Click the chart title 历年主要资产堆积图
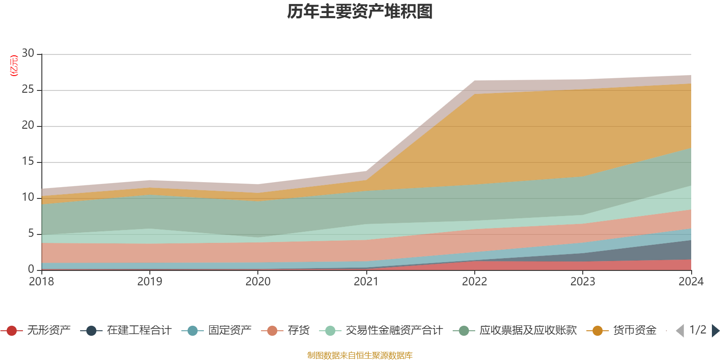coord(360,12)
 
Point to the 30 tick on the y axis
coord(28,54)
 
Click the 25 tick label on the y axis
coord(28,90)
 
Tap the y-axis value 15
coord(28,162)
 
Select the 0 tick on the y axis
coord(31,269)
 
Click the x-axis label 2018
coord(41,282)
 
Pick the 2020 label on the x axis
coord(258,282)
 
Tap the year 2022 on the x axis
coord(474,282)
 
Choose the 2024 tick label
coord(691,282)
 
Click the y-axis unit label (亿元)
coord(14,66)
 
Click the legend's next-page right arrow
coord(715,331)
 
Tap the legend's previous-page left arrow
coord(680,331)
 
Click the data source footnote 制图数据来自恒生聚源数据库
coord(360,355)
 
